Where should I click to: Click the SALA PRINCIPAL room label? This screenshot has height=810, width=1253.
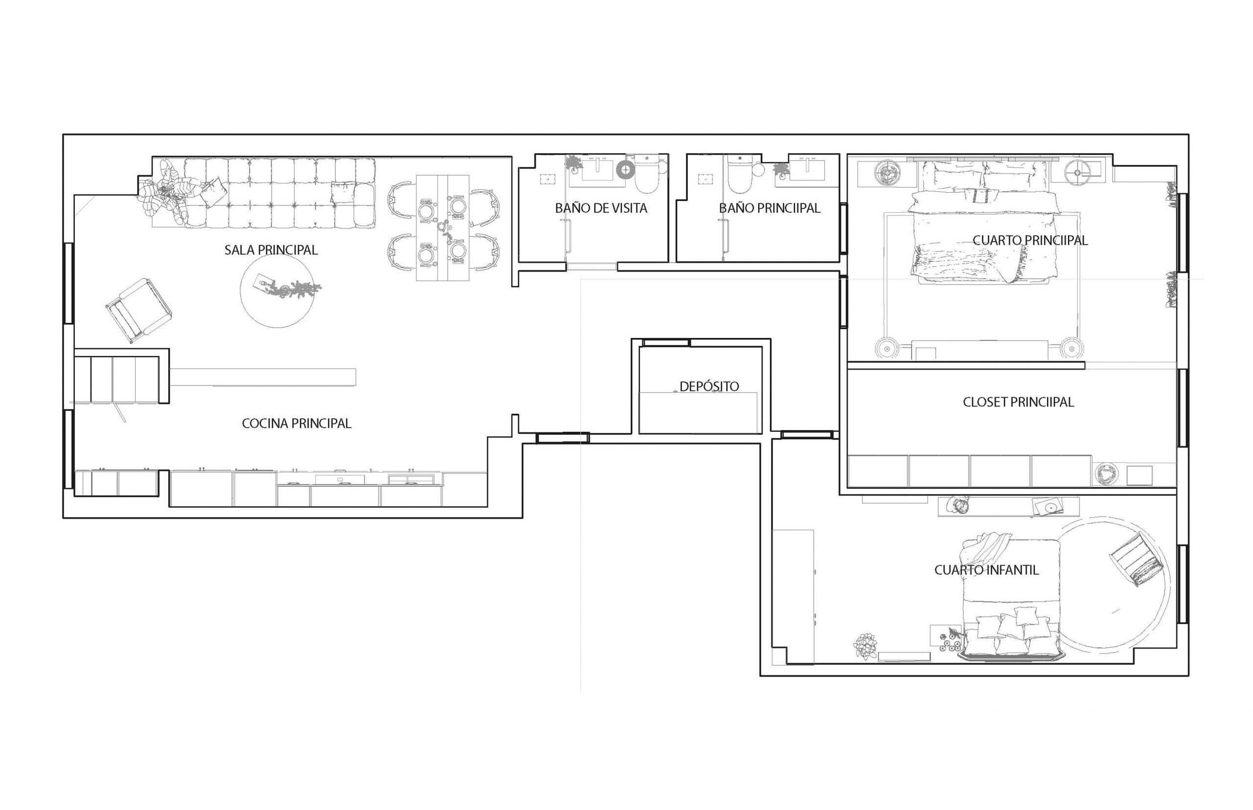(x=271, y=250)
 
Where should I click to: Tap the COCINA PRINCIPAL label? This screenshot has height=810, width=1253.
(x=296, y=423)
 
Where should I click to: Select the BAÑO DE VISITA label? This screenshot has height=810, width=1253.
(x=601, y=208)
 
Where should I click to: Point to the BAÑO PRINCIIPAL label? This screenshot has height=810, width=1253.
(x=769, y=208)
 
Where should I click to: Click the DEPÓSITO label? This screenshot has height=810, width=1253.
(x=709, y=386)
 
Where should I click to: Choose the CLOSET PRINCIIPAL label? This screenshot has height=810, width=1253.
(x=1018, y=402)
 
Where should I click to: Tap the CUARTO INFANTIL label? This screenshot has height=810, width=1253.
(x=987, y=570)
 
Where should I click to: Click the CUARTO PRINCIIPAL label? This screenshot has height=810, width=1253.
(x=1030, y=240)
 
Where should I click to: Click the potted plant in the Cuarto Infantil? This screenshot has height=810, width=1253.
(x=865, y=645)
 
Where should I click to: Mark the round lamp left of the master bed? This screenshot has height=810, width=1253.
(x=888, y=173)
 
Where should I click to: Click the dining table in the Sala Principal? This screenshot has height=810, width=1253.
(x=442, y=228)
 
